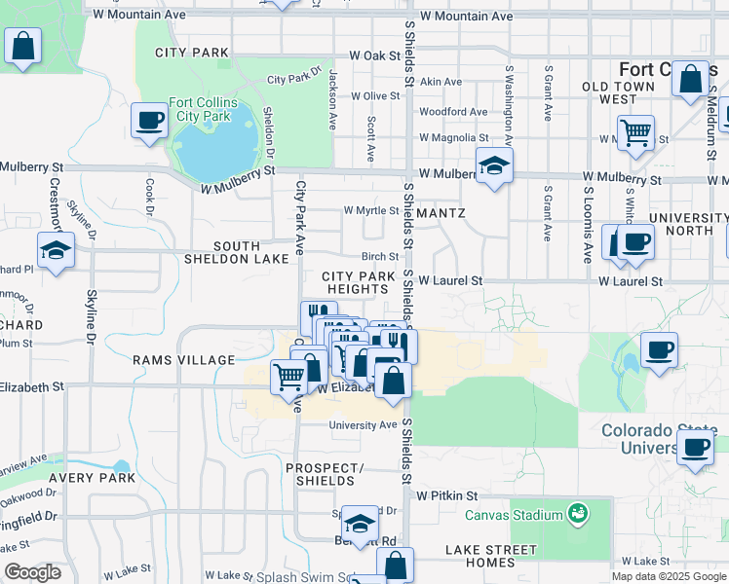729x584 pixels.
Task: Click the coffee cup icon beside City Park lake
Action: coord(149,121)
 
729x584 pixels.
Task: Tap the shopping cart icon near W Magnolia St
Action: coord(635,131)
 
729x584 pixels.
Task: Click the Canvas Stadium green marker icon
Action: coord(578,514)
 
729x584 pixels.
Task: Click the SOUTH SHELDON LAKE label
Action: coord(237,252)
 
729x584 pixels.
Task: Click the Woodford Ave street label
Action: coord(453,112)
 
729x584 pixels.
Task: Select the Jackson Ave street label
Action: coord(333,88)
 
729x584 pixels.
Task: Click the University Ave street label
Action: coord(363,425)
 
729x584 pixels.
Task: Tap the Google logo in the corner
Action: coord(32,572)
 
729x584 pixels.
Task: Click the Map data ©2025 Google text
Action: coord(669,576)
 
